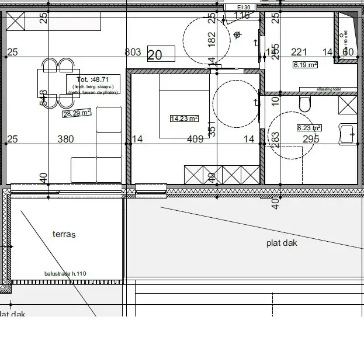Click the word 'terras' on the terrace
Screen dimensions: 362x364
(x=64, y=234)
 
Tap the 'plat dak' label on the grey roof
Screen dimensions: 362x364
(x=282, y=242)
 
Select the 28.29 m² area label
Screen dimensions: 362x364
(x=77, y=112)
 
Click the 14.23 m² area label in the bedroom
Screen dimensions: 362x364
(x=184, y=118)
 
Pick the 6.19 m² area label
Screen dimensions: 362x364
(x=305, y=65)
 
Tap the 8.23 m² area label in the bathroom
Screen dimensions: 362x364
(x=309, y=127)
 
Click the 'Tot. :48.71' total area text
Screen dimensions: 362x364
(x=92, y=79)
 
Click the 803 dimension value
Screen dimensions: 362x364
(x=133, y=52)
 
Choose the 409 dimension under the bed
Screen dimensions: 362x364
(x=195, y=139)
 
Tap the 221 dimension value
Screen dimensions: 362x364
(x=299, y=52)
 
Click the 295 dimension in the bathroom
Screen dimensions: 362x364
(x=311, y=139)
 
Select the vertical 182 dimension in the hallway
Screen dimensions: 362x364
(x=212, y=38)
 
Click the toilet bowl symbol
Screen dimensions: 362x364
(x=304, y=105)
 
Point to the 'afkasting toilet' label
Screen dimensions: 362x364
(x=328, y=89)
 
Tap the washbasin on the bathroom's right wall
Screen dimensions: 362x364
(x=348, y=134)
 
